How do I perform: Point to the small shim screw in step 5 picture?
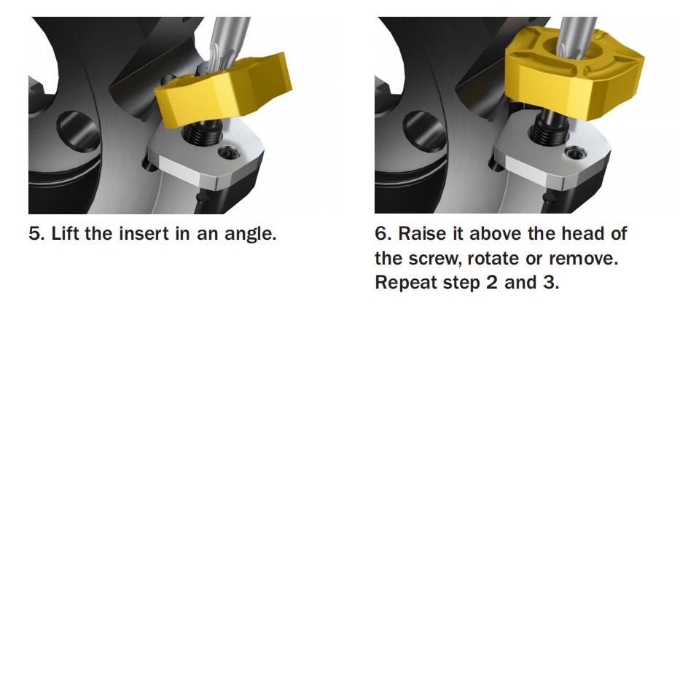click(x=228, y=154)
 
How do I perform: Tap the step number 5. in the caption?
click(x=36, y=234)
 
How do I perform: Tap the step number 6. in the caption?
click(x=383, y=234)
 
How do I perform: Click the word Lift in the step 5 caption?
click(x=66, y=234)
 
